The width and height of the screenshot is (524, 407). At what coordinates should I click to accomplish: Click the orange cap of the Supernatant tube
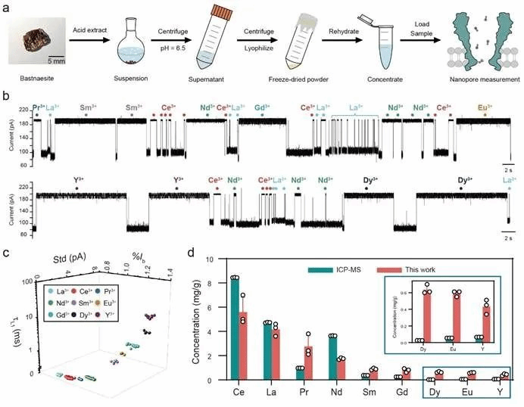pyautogui.click(x=216, y=13)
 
